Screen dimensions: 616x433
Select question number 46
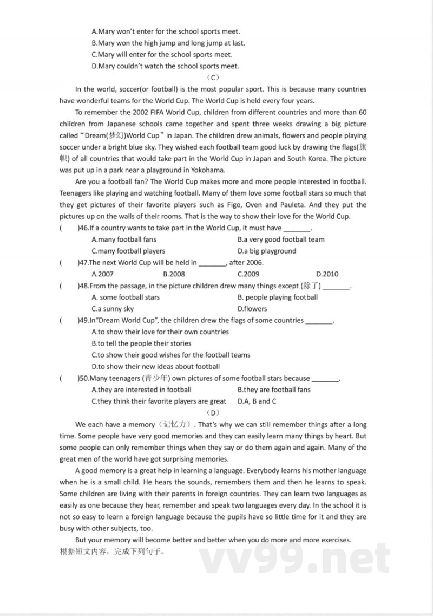click(83, 228)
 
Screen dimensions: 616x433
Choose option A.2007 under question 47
click(103, 274)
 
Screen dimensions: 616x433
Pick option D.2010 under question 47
click(327, 274)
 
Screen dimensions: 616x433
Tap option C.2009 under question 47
click(248, 274)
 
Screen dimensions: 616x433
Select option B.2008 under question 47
click(174, 274)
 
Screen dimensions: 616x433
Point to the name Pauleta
click(293, 205)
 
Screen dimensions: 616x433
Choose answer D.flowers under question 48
click(252, 309)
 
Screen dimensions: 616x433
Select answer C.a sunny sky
click(113, 309)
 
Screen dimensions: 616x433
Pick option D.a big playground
click(267, 251)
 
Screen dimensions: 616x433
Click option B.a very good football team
click(281, 239)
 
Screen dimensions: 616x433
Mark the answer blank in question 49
click(319, 321)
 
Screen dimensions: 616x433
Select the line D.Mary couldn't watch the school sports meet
click(165, 66)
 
